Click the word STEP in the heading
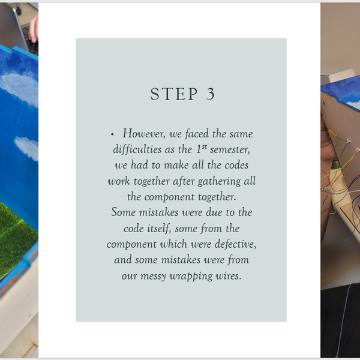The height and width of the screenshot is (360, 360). (x=174, y=94)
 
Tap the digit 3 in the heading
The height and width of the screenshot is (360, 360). (x=211, y=94)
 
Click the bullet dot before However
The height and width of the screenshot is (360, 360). (x=112, y=134)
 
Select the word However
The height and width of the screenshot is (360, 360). (x=144, y=133)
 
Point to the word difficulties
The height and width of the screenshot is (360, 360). (x=137, y=149)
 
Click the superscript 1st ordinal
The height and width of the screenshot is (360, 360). (x=202, y=149)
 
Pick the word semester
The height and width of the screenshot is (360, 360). (x=230, y=149)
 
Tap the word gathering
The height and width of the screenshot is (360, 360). (x=219, y=182)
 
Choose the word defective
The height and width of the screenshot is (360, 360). (x=236, y=244)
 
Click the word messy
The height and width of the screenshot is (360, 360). (x=153, y=276)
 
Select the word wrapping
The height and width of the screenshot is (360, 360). (x=191, y=276)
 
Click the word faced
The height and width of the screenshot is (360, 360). (x=197, y=133)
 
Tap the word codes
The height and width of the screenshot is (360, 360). (x=236, y=165)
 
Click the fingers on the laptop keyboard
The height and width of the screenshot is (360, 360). (x=34, y=29)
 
